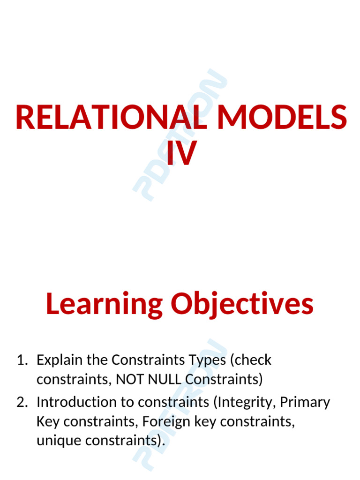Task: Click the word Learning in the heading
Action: [x=104, y=304]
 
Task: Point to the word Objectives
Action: [x=242, y=304]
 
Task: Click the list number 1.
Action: [x=22, y=360]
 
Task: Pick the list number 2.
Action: [x=22, y=402]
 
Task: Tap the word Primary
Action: [x=305, y=402]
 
